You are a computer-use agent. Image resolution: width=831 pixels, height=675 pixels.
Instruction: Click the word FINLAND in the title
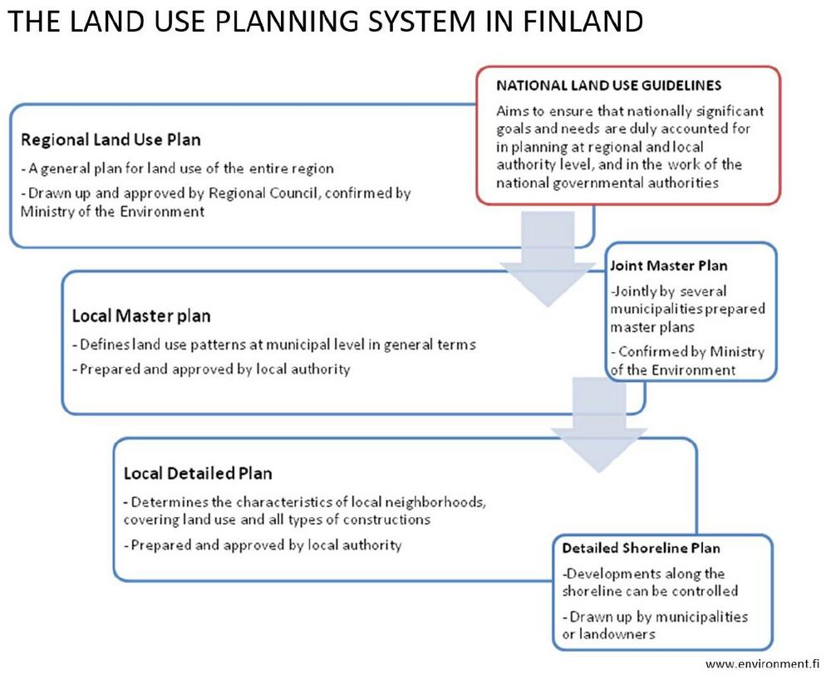[x=583, y=22]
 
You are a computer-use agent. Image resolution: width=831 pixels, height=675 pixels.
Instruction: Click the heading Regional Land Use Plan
[x=111, y=139]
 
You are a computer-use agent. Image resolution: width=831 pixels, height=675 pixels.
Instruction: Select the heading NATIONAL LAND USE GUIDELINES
[x=609, y=86]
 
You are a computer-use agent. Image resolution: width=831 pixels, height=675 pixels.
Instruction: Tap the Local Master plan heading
[x=141, y=316]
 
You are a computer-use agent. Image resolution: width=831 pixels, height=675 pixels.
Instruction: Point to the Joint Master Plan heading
[x=669, y=265]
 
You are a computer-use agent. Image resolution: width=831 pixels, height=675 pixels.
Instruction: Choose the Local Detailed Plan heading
[x=198, y=472]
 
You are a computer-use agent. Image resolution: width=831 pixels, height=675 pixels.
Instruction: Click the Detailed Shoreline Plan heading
[x=642, y=548]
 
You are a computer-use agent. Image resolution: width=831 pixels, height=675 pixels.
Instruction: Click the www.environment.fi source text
[x=762, y=664]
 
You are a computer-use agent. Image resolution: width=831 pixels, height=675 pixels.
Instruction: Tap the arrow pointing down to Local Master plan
[x=548, y=259]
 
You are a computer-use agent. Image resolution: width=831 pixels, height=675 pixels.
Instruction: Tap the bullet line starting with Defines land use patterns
[x=274, y=345]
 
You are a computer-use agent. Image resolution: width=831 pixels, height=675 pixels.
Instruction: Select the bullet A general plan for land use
[x=178, y=169]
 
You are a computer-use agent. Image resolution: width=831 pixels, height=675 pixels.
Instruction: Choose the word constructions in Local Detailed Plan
[x=386, y=520]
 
